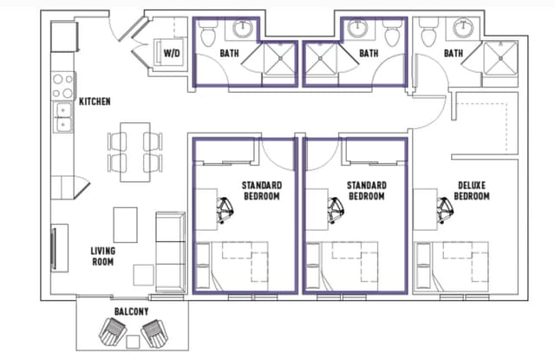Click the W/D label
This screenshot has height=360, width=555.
click(172, 54)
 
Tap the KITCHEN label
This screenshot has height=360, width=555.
click(95, 101)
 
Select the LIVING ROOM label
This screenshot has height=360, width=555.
click(103, 257)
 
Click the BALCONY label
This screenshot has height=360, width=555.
click(131, 311)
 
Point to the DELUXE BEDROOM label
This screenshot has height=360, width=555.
click(473, 191)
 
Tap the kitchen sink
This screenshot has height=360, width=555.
click(63, 117)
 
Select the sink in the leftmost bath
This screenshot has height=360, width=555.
click(241, 29)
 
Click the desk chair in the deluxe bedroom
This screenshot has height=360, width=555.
click(445, 207)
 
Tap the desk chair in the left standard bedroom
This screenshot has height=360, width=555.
click(224, 207)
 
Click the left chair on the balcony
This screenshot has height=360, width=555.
click(114, 331)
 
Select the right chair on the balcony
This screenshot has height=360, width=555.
click(154, 331)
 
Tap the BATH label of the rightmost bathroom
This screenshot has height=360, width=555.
click(453, 54)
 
